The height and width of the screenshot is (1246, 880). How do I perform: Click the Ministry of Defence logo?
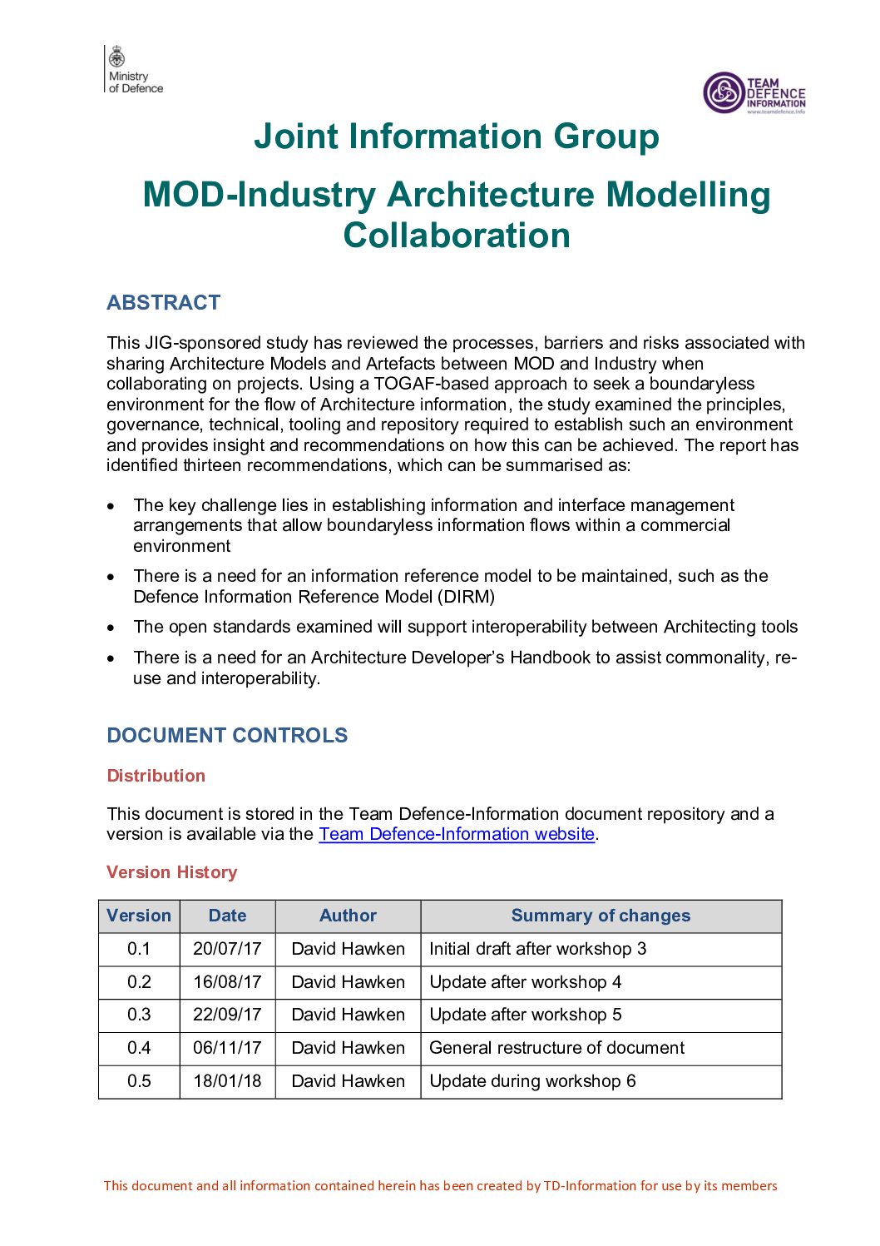click(134, 70)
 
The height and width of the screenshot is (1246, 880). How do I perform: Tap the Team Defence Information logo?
click(754, 92)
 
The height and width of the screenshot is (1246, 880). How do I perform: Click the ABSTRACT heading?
click(163, 302)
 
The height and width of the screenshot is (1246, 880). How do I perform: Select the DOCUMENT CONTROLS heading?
click(227, 735)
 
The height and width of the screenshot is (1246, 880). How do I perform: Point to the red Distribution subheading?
click(156, 776)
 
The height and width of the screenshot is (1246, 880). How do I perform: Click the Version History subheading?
click(171, 872)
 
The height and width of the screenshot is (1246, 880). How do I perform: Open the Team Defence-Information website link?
click(456, 834)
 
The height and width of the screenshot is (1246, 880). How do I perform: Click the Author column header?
click(348, 916)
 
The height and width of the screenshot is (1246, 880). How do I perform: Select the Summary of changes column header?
click(601, 916)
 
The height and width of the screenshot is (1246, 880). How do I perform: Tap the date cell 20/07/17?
click(227, 949)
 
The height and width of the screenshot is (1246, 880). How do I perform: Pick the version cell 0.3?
click(139, 1015)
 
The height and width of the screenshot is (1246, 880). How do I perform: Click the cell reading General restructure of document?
click(556, 1048)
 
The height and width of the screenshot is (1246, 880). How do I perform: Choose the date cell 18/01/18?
click(227, 1081)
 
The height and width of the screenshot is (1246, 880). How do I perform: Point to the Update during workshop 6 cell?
click(532, 1081)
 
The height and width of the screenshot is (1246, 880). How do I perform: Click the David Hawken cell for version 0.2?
click(348, 982)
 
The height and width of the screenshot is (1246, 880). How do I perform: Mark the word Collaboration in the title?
click(457, 236)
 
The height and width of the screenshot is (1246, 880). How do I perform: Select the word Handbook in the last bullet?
click(550, 658)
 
